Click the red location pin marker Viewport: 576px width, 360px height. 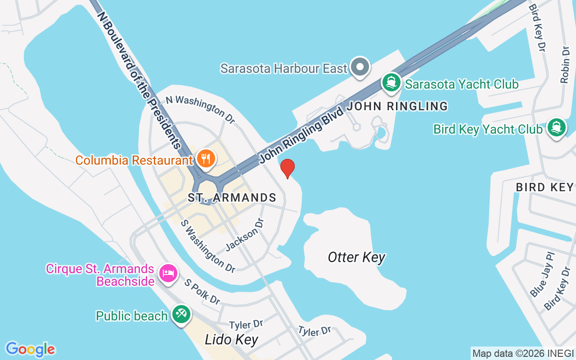288,168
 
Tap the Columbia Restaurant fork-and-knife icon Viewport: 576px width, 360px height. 206,158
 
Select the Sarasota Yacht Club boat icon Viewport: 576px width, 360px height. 391,83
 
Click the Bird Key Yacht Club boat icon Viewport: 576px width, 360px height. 557,128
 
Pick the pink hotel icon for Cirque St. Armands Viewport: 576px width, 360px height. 168,273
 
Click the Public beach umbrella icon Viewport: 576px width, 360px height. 182,314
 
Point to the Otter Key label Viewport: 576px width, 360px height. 356,257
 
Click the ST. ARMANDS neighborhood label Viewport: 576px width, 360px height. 232,198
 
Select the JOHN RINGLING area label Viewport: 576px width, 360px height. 397,106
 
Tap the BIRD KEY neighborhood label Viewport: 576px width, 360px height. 544,187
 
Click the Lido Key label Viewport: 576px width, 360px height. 231,339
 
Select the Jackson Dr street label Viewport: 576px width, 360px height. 244,234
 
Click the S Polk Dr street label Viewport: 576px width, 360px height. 202,292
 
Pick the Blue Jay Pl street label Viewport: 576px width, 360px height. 543,274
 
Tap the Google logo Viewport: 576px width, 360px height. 30,349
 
